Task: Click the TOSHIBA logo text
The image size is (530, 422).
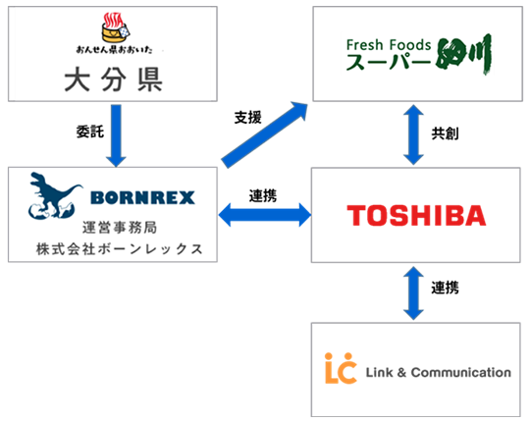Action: point(416,215)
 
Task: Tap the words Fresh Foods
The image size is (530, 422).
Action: point(387,45)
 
